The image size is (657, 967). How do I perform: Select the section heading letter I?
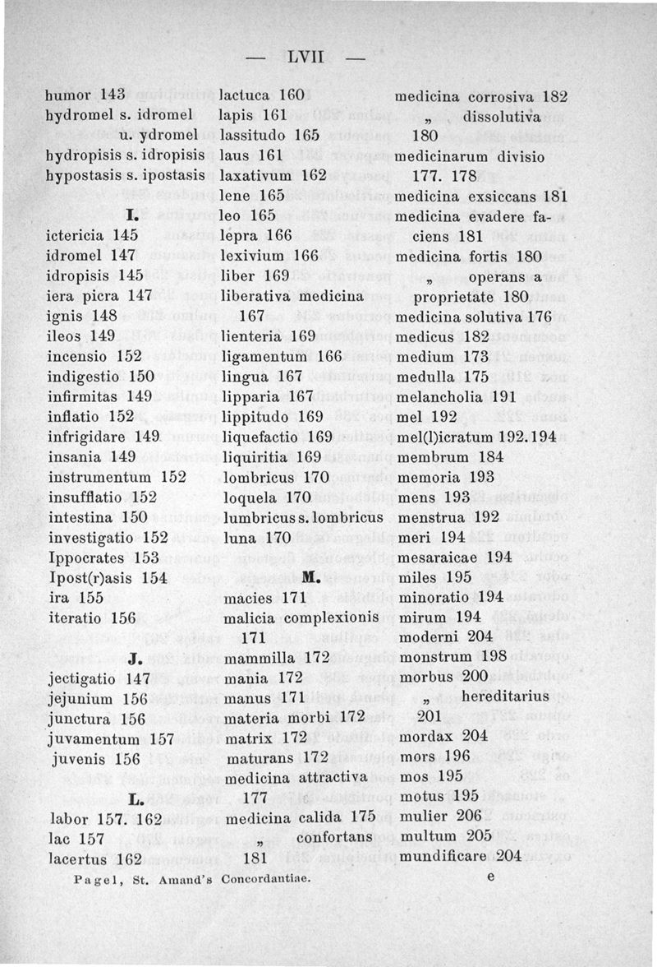(x=131, y=215)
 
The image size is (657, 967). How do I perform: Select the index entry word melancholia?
(x=441, y=396)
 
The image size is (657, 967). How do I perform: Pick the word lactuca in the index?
(x=246, y=96)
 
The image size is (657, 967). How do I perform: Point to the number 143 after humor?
(x=110, y=96)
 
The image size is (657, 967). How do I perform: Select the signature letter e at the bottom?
(x=490, y=877)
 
